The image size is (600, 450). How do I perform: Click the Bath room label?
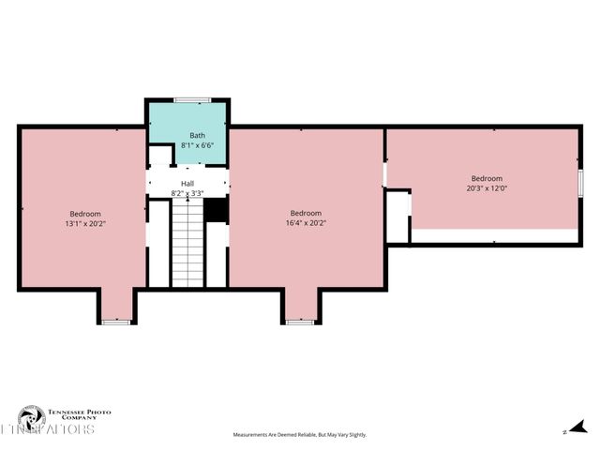pos(197,135)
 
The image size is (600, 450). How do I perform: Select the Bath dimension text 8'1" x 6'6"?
pos(197,145)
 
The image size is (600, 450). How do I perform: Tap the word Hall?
pos(187,183)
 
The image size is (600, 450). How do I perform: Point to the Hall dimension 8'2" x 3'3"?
pos(187,193)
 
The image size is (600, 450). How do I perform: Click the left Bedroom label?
pos(84,214)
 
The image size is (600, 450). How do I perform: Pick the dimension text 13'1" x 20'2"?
pos(84,224)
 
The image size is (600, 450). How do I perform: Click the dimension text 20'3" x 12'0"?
pos(487,187)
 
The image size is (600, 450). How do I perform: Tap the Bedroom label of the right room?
pos(487,178)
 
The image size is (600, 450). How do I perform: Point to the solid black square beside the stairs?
pos(217,210)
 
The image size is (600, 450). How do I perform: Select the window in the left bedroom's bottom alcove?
pos(116,322)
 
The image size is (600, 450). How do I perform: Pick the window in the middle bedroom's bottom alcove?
pos(300,322)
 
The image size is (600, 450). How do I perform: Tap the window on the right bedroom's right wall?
pos(581,182)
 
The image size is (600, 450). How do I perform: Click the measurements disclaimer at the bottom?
pos(300,435)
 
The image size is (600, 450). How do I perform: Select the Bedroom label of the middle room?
pos(306,213)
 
